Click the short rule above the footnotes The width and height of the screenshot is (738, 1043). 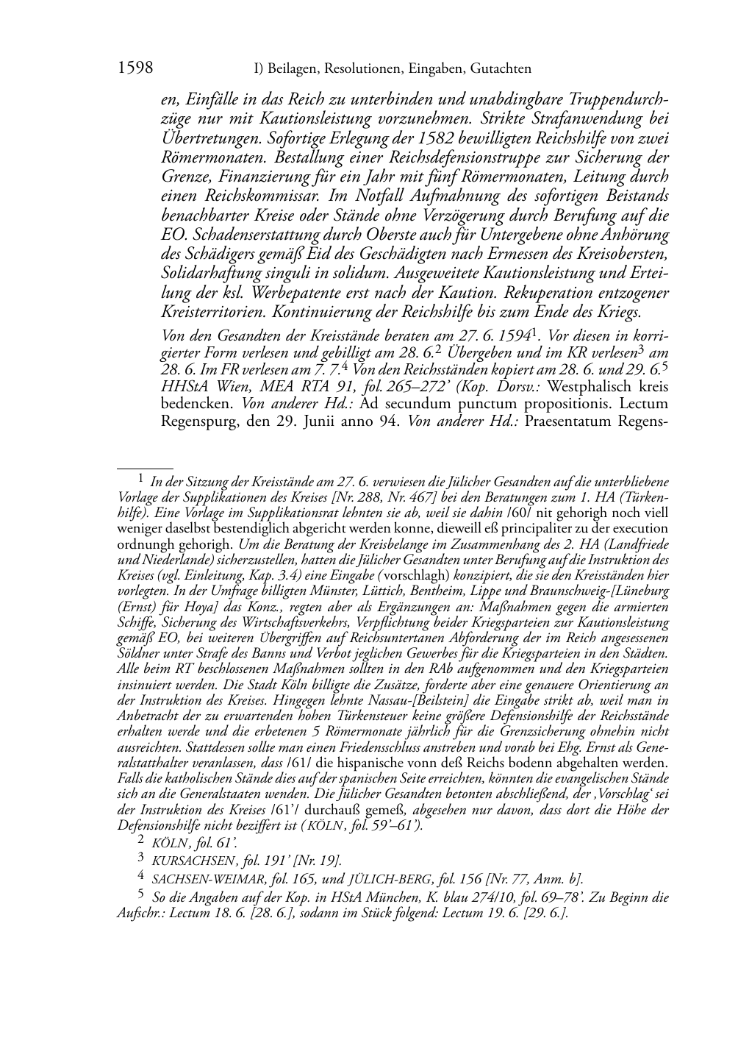pos(145,466)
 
